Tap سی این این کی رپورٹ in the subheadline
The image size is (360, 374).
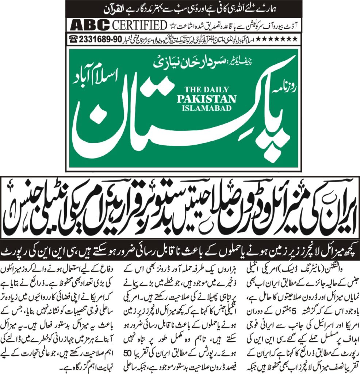pyautogui.click(x=40, y=252)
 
